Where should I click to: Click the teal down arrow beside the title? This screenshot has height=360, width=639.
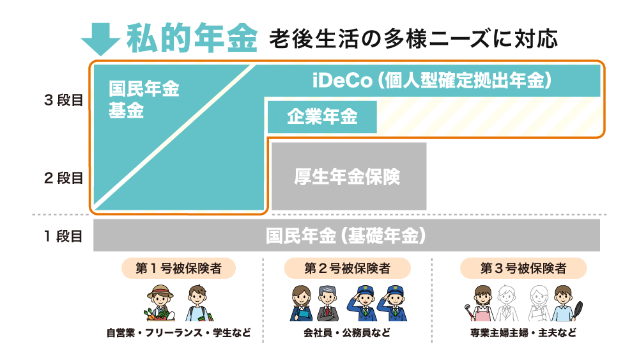click(x=100, y=40)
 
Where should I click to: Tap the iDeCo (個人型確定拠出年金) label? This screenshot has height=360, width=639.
click(x=432, y=81)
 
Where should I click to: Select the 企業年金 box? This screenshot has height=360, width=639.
click(x=322, y=117)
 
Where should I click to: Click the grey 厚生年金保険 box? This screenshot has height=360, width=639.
click(x=349, y=176)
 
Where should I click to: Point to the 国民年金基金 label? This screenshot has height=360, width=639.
click(x=144, y=100)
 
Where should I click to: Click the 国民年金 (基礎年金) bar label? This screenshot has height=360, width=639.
click(x=346, y=236)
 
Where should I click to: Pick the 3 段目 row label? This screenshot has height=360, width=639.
click(x=63, y=100)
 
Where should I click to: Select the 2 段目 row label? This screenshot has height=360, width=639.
click(x=63, y=178)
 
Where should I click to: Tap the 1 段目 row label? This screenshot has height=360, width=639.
click(x=63, y=236)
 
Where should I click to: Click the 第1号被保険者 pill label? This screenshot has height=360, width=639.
click(x=178, y=269)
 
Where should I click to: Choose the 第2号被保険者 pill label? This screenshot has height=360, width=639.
click(x=347, y=269)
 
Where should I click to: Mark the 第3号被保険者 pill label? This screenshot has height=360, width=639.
click(x=523, y=269)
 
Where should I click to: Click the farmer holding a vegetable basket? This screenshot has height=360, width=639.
click(x=160, y=303)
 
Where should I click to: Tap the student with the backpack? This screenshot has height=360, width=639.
click(x=199, y=303)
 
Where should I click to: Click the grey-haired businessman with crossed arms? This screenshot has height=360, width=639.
click(x=328, y=303)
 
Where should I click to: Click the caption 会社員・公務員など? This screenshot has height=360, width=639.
click(x=347, y=333)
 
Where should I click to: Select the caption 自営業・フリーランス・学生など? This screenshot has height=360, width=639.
click(x=178, y=333)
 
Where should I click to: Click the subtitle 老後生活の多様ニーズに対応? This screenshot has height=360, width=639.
click(x=413, y=39)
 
